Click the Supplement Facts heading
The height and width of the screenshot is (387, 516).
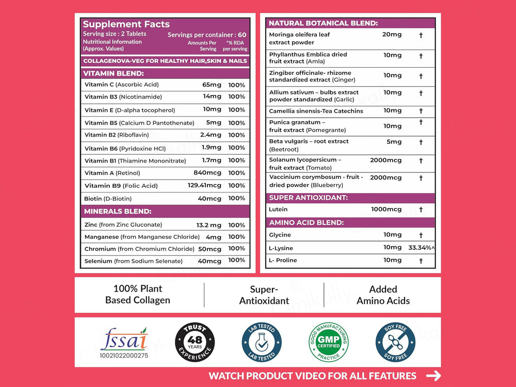tap(126, 24)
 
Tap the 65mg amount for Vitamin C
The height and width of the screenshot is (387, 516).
tap(212, 85)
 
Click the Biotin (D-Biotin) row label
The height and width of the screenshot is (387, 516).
tap(108, 199)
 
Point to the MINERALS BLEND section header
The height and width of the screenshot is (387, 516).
tap(117, 211)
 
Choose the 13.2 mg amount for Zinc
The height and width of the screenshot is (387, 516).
tap(209, 225)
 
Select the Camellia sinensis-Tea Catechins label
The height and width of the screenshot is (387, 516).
tap(316, 111)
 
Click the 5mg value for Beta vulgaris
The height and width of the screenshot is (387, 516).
tap(394, 142)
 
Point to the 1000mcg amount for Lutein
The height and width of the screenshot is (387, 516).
tap(386, 209)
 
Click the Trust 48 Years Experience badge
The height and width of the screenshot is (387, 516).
tap(195, 342)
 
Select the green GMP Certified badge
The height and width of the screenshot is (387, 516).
tap(328, 342)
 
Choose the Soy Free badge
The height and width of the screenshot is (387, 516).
tap(395, 342)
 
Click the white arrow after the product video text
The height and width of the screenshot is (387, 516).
tap(433, 376)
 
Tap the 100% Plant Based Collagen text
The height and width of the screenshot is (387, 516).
tap(138, 294)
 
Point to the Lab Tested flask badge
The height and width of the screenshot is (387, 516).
tap(262, 342)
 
